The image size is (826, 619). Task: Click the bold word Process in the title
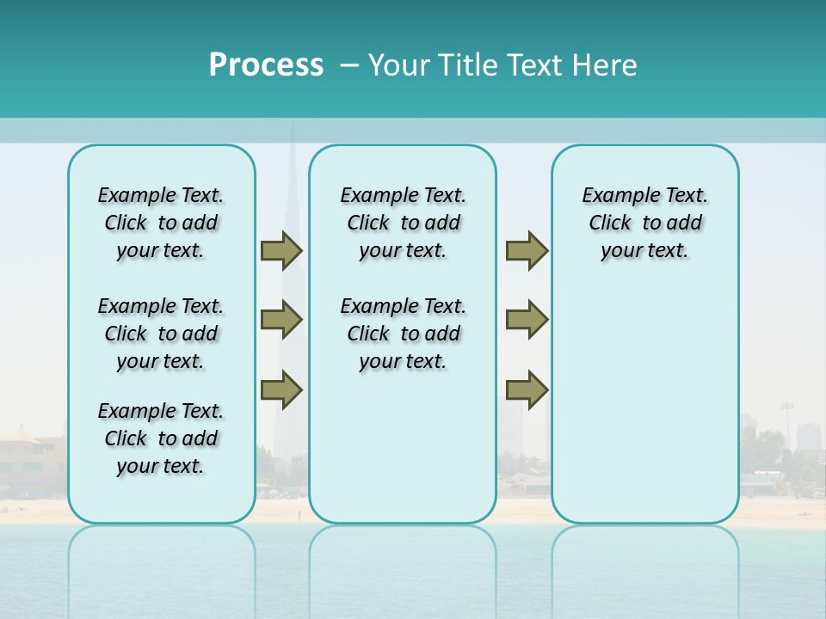[266, 65]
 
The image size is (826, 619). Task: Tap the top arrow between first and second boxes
[281, 250]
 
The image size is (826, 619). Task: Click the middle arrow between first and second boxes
[281, 320]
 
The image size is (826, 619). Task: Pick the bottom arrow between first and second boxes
[281, 389]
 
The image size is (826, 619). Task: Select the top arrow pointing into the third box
[527, 250]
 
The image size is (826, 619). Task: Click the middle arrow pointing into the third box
[527, 320]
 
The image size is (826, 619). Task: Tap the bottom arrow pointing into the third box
[527, 389]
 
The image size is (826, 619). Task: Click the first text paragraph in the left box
[161, 223]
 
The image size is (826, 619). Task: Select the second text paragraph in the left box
[161, 334]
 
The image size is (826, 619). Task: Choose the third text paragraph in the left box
[161, 438]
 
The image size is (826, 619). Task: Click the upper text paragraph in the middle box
[403, 223]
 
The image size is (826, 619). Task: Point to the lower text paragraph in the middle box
[403, 334]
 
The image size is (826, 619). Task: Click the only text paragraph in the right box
[644, 223]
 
